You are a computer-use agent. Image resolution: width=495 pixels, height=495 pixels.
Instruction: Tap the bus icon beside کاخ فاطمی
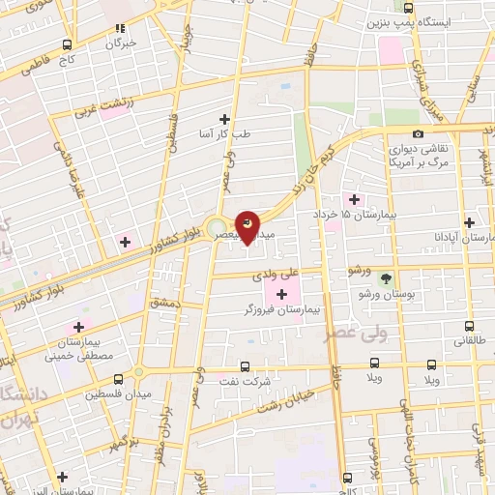67,44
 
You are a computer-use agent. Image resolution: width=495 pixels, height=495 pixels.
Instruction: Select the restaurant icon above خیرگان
120,29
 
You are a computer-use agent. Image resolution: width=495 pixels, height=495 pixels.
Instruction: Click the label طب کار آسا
225,134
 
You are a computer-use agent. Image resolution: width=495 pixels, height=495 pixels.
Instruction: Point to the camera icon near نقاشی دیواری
418,133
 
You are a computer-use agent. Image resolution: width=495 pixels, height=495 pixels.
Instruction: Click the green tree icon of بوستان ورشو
386,277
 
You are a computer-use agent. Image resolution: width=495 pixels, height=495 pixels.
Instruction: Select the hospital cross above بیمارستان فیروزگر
281,295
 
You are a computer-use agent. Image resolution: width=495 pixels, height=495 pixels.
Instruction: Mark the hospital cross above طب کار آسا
225,118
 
